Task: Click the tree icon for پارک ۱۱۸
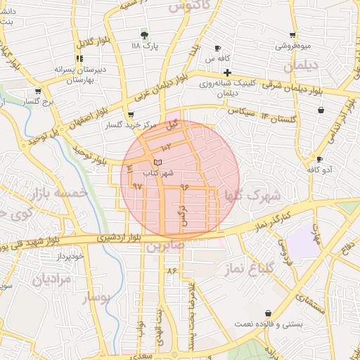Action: [145, 34]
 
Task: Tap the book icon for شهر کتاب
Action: [156, 163]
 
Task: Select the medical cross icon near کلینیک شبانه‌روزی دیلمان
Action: [226, 72]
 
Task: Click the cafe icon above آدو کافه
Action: [319, 160]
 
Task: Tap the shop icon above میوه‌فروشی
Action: [292, 35]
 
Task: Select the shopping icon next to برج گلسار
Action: [37, 91]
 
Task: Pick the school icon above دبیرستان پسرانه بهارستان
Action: [79, 59]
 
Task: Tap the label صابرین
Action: [165, 245]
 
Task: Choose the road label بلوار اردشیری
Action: [112, 237]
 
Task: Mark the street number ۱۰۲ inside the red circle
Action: [166, 147]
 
